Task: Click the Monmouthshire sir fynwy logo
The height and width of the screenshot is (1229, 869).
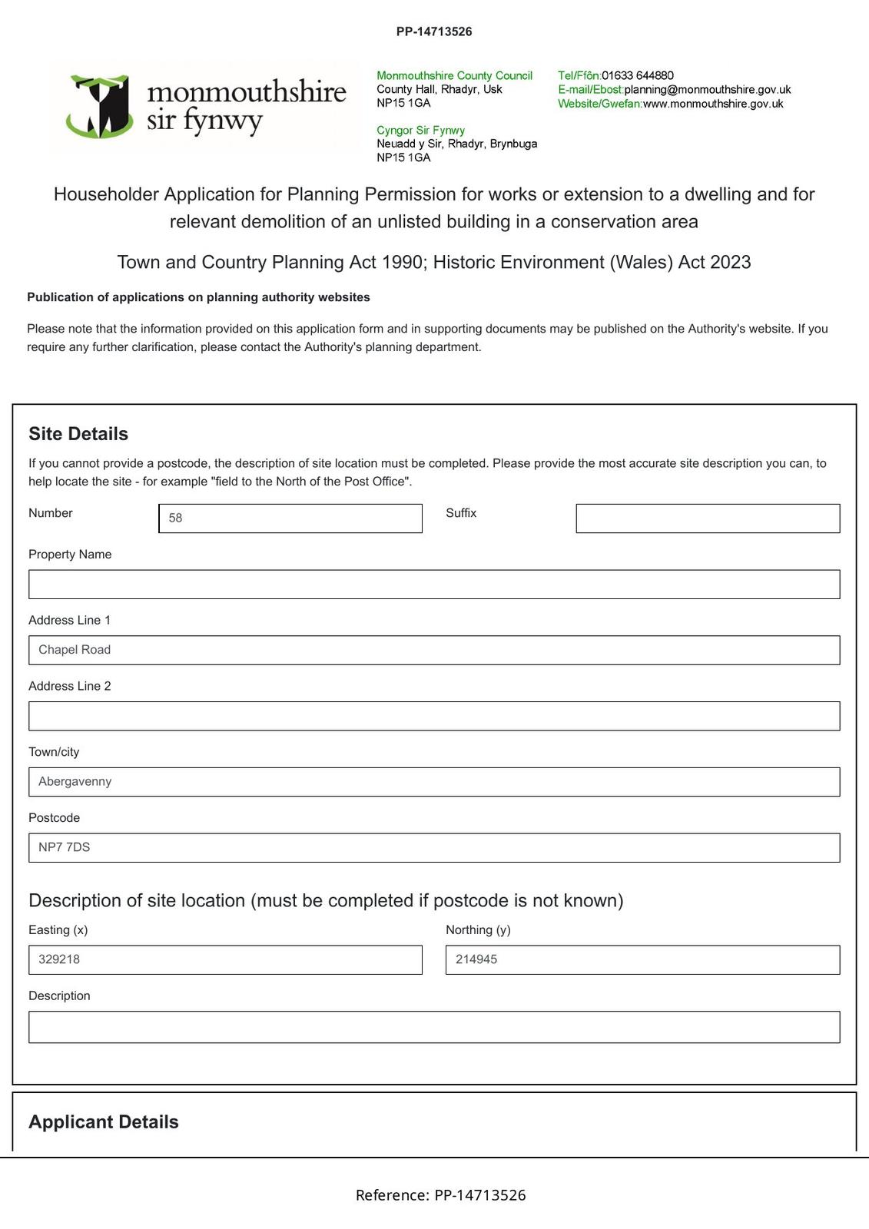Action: (206, 107)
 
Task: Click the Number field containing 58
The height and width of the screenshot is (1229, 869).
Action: (290, 518)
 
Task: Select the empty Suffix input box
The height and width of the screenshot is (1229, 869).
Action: (708, 518)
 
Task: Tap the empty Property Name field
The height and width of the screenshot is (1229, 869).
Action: (434, 585)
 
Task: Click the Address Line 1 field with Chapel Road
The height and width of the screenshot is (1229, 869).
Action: (434, 650)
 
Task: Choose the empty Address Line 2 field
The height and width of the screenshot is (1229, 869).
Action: (434, 716)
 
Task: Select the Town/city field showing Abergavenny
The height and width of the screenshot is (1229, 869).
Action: (434, 782)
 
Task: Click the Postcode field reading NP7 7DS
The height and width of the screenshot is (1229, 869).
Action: (434, 848)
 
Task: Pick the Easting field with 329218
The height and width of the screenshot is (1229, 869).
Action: (225, 960)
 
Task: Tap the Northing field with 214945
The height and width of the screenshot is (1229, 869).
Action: (642, 960)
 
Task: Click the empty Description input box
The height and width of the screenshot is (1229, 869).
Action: (434, 1027)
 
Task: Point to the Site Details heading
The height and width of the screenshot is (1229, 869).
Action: (78, 434)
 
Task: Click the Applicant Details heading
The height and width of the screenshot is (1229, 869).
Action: (104, 1122)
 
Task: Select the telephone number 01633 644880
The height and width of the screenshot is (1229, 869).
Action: (637, 75)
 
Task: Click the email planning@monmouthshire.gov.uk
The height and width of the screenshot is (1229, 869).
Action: (707, 90)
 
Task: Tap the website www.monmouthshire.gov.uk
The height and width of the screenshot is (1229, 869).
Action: (712, 104)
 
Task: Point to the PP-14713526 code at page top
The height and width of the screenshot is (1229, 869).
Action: (434, 31)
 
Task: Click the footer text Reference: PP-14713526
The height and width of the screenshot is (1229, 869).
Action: (440, 1195)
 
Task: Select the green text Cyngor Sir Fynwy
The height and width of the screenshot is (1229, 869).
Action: (420, 131)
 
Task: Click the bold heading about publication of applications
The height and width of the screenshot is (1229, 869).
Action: (198, 297)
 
